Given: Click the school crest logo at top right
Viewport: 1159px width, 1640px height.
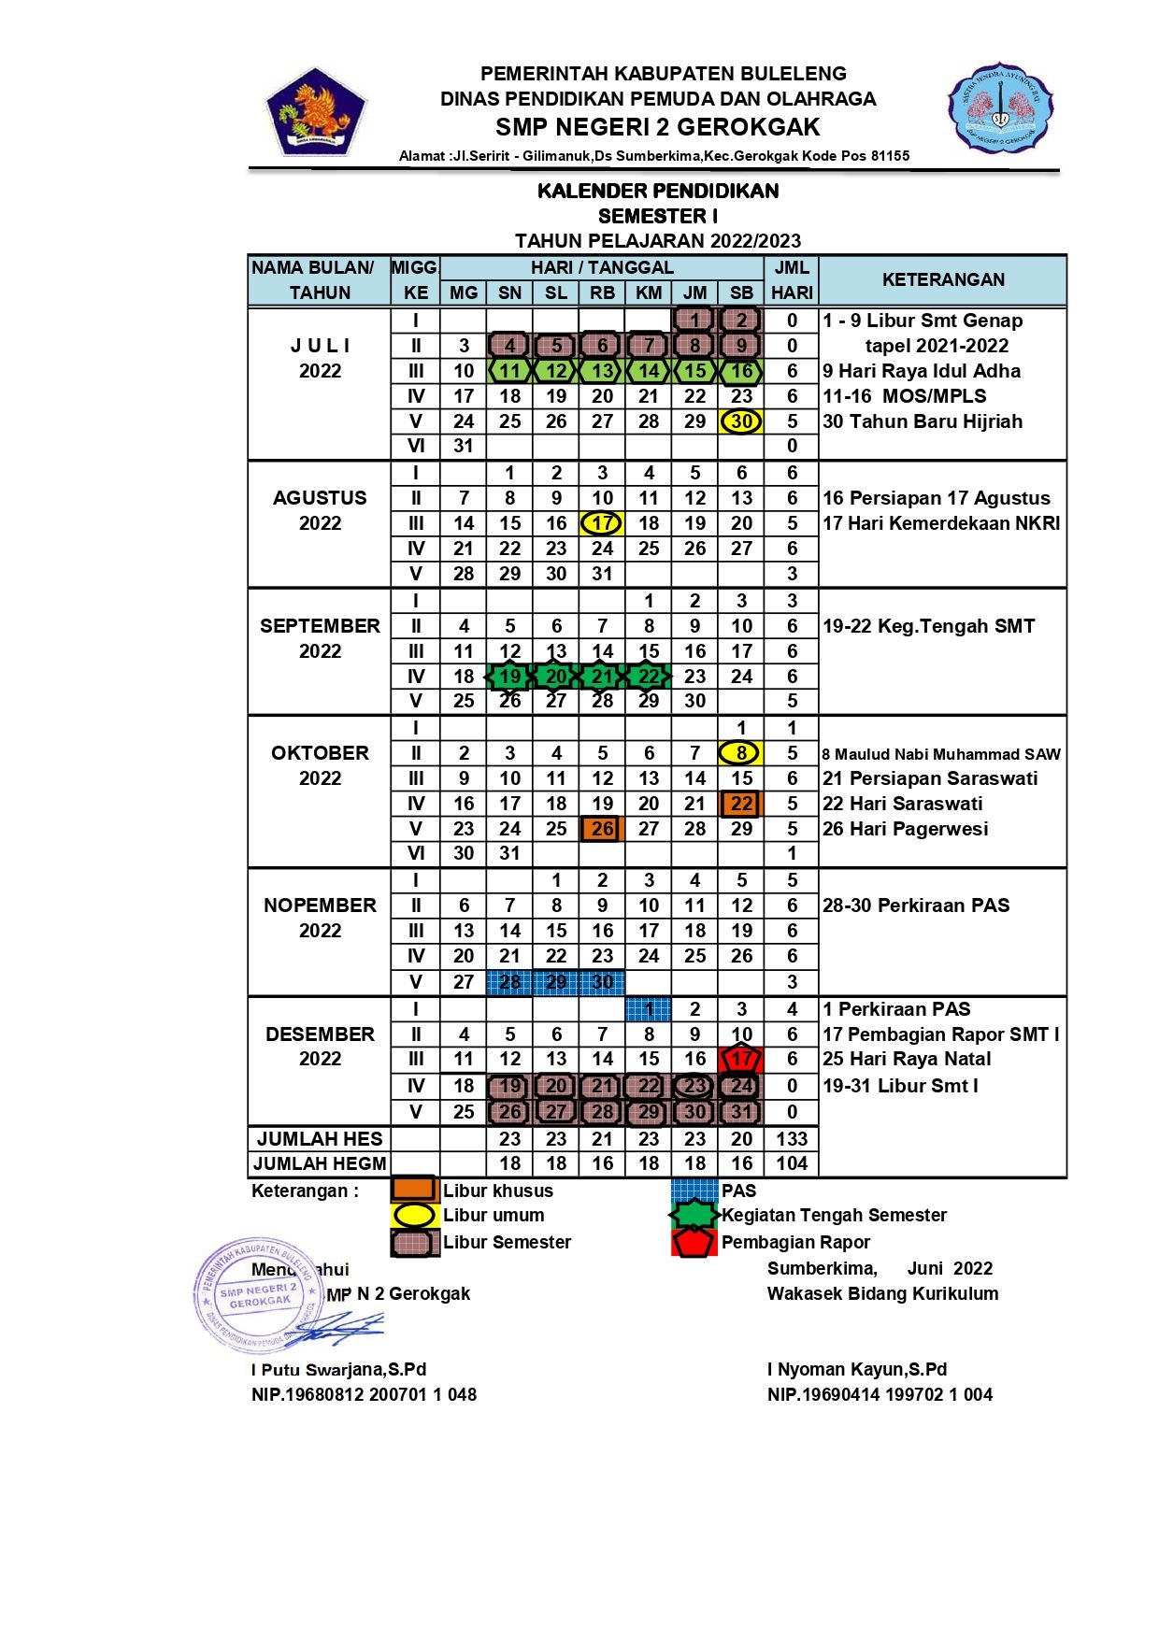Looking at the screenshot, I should tap(999, 107).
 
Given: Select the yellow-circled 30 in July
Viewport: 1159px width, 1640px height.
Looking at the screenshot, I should tap(741, 421).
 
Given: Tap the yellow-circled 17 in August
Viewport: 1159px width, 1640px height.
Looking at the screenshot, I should tap(602, 523).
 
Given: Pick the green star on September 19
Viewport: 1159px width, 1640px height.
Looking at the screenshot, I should tap(509, 677).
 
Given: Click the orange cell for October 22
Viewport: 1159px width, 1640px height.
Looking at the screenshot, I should tap(741, 804).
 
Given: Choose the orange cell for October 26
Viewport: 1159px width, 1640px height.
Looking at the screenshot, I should tap(602, 829).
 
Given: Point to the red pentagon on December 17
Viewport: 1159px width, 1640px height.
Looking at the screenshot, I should tap(741, 1060).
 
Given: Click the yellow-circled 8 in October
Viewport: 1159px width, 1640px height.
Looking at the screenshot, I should tap(741, 753).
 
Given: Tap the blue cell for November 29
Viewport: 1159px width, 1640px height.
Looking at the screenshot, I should tap(556, 982).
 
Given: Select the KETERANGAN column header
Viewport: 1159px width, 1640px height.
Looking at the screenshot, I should tap(943, 279).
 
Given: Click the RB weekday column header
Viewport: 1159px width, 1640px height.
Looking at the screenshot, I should tap(602, 292).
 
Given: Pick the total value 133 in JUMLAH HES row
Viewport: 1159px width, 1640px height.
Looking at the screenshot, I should tap(792, 1139).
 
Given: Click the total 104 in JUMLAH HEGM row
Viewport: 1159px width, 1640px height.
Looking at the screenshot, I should tap(792, 1163).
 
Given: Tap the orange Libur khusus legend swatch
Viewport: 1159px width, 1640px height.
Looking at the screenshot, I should tap(414, 1190).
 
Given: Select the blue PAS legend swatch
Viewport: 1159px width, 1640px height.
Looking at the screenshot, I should tap(694, 1190).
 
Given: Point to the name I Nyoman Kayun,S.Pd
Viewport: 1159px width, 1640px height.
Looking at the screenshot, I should tap(857, 1369).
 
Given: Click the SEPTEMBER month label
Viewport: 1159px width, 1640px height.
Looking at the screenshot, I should tap(320, 626).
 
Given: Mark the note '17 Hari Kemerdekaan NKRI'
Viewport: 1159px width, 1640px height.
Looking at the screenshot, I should tap(941, 523).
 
